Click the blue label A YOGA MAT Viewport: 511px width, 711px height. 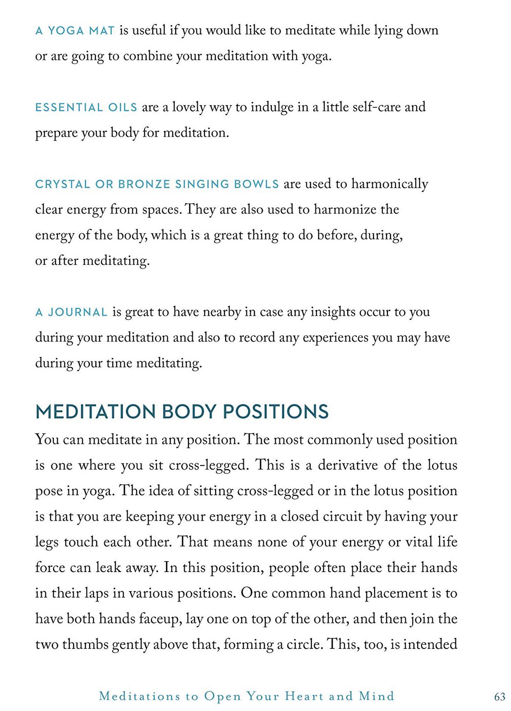point(75,31)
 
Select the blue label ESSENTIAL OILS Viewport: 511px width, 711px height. point(86,107)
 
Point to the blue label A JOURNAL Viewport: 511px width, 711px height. point(71,312)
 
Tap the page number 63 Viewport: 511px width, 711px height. point(500,697)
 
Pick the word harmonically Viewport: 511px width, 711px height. point(389,184)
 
